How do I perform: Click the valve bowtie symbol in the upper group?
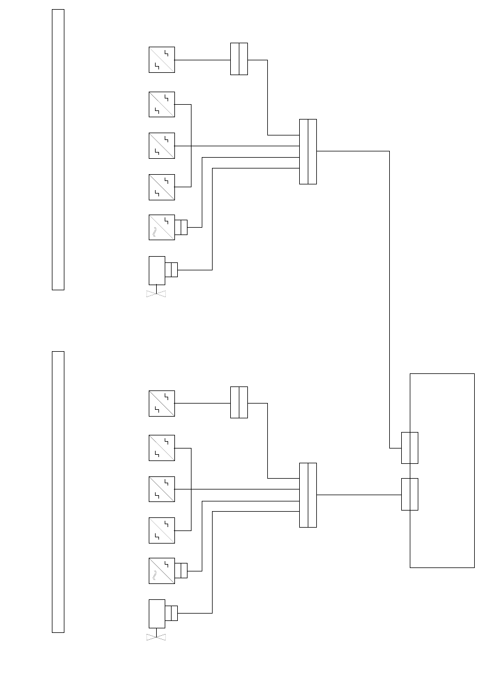pos(156,294)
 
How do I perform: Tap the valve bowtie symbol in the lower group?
pos(156,637)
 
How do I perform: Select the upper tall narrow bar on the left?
pos(58,149)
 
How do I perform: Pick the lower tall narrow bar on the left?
pos(58,492)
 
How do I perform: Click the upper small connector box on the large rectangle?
pos(410,448)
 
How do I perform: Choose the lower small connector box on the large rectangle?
pos(410,494)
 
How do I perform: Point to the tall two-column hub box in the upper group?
pos(308,151)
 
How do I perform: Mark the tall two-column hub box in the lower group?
pos(308,495)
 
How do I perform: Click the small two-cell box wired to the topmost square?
pos(239,59)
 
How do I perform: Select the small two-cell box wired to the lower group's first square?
pos(239,402)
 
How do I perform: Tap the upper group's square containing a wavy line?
pos(162,227)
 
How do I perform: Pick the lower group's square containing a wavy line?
pos(162,570)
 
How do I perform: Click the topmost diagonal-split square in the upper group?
pos(162,60)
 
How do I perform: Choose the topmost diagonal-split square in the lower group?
pos(162,403)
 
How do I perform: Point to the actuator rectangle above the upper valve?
pos(157,270)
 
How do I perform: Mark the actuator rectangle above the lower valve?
pos(157,614)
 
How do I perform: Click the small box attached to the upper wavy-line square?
pos(181,227)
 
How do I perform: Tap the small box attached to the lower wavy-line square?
pos(181,570)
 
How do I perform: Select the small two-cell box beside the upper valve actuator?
pos(172,269)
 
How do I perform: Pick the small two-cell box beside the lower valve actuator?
pos(172,613)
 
